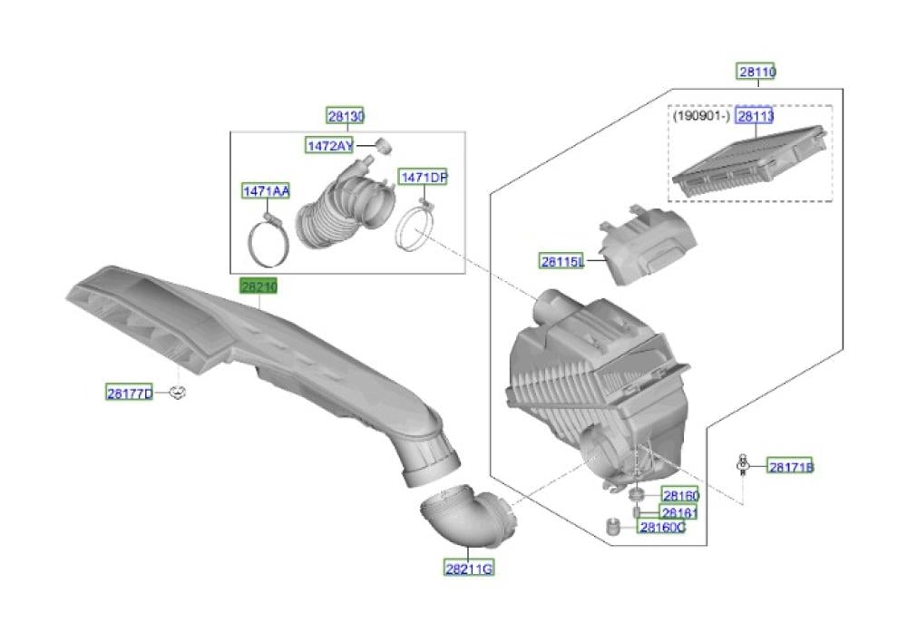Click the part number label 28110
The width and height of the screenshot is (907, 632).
[756, 72]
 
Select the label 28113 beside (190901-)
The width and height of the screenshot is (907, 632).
[755, 116]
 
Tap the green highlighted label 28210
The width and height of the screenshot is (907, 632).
[258, 286]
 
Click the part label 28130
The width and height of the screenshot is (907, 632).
[346, 116]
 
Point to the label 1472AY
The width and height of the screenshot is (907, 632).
[329, 146]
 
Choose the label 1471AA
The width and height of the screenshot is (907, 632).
[266, 190]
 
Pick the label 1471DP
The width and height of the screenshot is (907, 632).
[423, 177]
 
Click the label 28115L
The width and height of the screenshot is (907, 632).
[561, 261]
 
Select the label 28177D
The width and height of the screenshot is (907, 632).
[130, 394]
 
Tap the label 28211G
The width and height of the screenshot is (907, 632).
[469, 569]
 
